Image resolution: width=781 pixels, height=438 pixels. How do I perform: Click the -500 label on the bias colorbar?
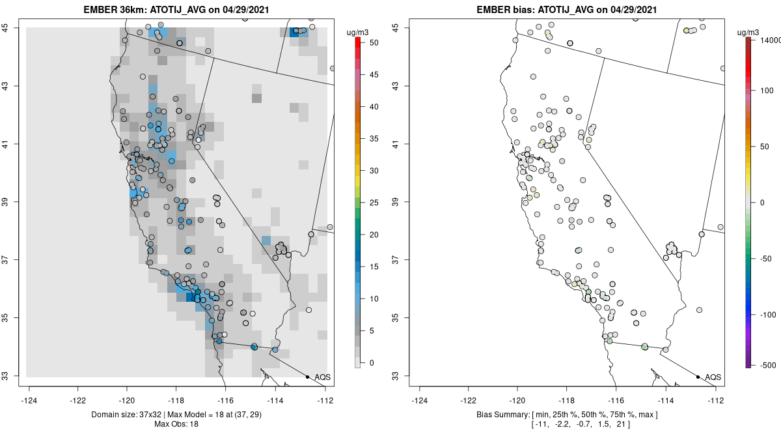coord(765,364)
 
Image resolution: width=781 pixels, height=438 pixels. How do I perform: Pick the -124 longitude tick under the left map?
coord(29,400)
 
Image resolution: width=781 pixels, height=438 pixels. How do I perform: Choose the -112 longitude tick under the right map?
coord(717,400)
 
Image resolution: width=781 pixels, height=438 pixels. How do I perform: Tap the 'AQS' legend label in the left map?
coord(322,377)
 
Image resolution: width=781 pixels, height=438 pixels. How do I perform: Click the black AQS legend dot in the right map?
coord(698,377)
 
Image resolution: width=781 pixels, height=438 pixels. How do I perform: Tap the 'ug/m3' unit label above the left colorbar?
coord(362,31)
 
